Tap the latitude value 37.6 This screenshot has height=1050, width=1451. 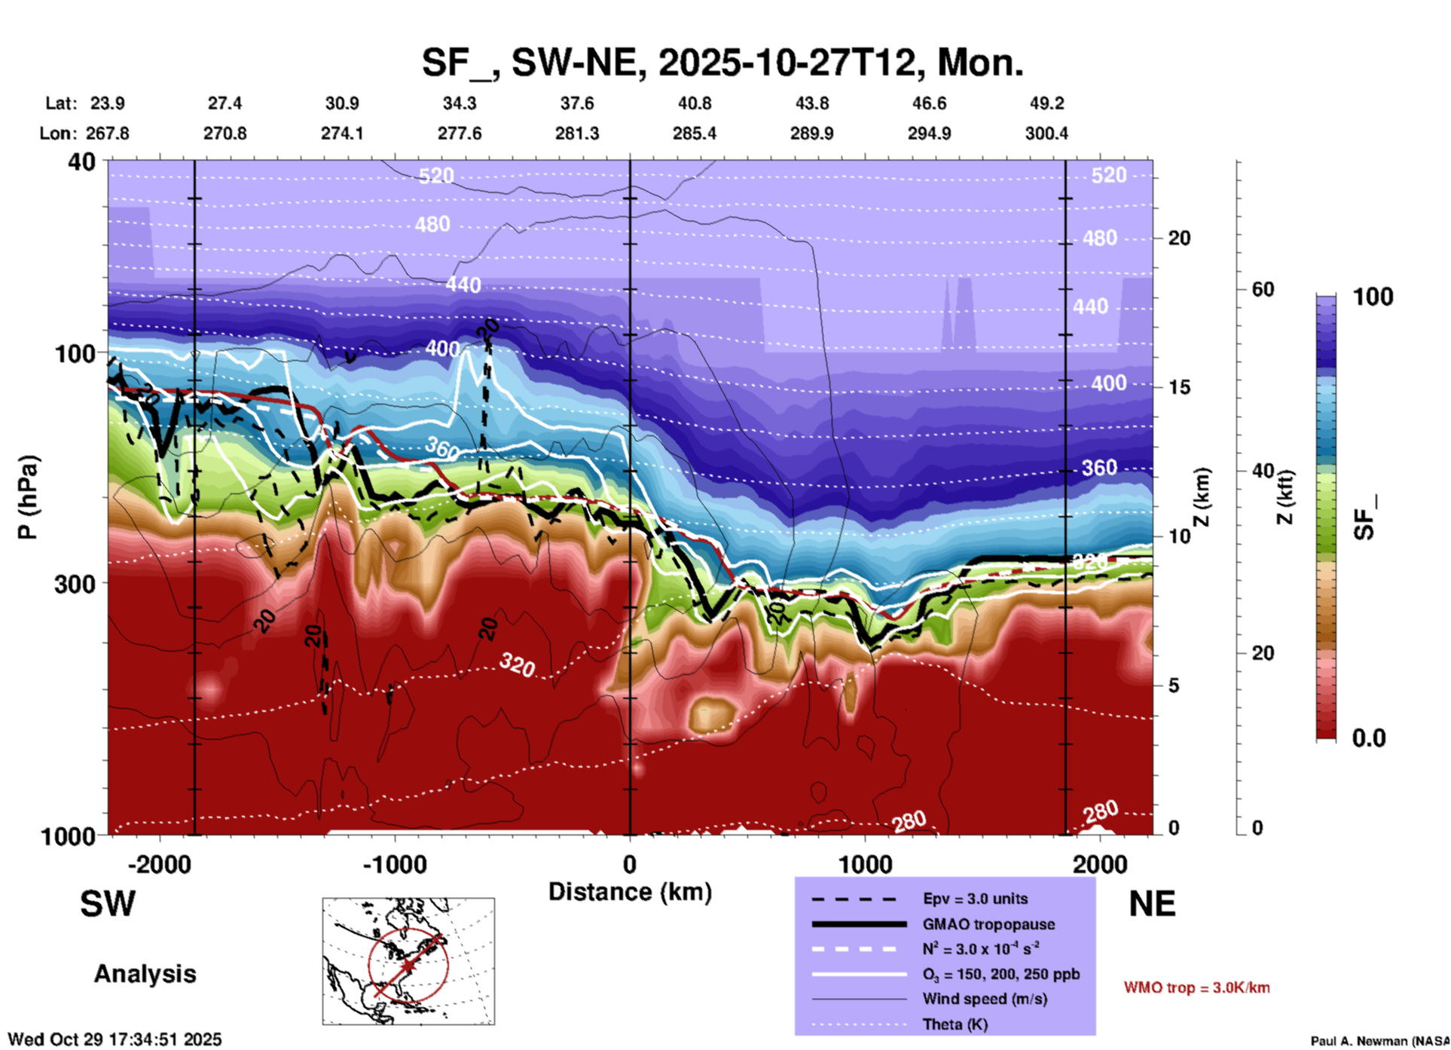pos(576,103)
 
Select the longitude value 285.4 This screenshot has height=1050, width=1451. pos(694,133)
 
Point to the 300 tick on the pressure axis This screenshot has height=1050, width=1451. pos(75,584)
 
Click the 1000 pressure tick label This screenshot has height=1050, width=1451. pos(66,836)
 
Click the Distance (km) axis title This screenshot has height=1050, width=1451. pos(630,892)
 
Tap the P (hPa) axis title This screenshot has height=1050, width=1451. pos(28,497)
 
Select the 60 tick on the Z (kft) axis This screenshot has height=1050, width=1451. pos(1263,289)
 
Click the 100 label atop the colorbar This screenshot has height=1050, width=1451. pos(1373,297)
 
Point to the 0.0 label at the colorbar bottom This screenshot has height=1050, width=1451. pos(1369,738)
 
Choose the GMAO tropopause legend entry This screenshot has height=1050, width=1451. pos(988,924)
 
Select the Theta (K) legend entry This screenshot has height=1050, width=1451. pos(955,1024)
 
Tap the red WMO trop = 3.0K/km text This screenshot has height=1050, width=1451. pos(1196,987)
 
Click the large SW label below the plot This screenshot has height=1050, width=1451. pos(108,904)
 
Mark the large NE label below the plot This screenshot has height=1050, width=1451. pos(1152,904)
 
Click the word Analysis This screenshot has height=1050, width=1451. pos(145,974)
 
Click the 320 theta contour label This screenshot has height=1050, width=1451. pos(518,664)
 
